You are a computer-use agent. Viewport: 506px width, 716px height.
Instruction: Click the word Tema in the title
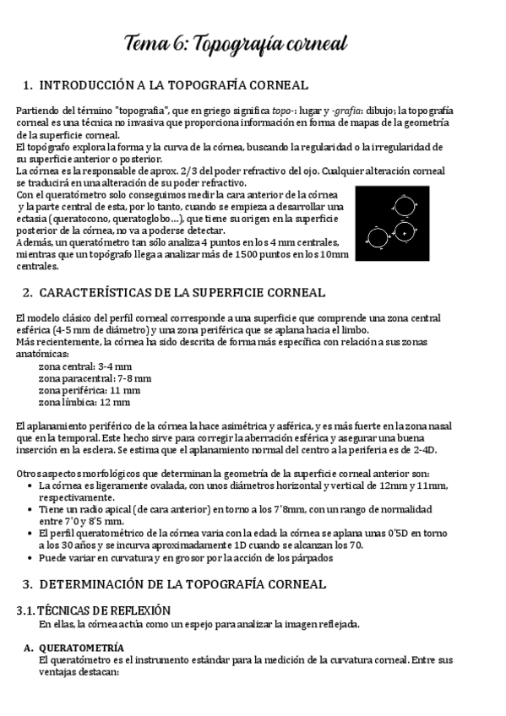146,43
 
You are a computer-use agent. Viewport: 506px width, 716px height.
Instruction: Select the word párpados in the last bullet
313,558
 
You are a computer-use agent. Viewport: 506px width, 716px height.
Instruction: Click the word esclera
100,451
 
